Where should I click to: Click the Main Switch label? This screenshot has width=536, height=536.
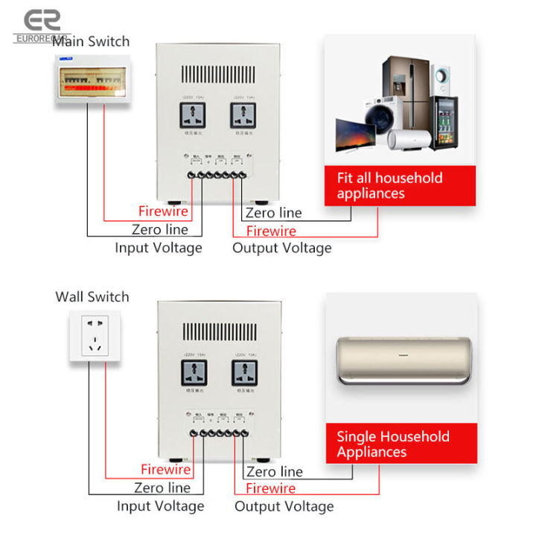[91, 42]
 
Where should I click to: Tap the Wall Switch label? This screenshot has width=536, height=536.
[92, 297]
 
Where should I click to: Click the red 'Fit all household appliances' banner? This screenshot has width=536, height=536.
[401, 185]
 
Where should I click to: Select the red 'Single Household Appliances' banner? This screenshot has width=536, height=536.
[401, 444]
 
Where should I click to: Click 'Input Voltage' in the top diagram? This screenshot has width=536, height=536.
[158, 248]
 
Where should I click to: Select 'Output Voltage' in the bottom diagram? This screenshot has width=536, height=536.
[284, 506]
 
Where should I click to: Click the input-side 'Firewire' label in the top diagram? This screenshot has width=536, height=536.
[163, 211]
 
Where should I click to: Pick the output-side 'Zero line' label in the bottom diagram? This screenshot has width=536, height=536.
[274, 471]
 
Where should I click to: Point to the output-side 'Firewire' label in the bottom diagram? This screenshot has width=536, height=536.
[270, 488]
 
